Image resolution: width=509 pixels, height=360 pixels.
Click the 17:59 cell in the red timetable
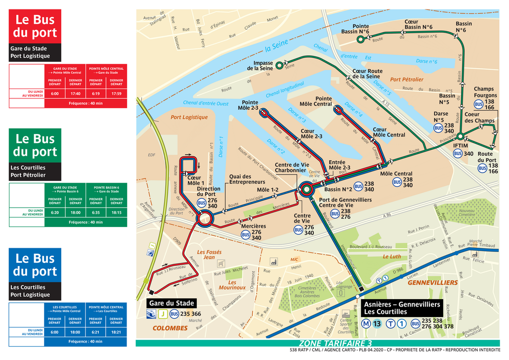click(117, 93)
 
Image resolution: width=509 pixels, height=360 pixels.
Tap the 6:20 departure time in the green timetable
click(55, 213)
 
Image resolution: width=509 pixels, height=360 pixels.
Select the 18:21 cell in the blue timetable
click(117, 332)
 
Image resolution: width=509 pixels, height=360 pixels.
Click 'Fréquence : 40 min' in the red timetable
click(85, 103)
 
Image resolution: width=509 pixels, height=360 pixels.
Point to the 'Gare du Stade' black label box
click(172, 303)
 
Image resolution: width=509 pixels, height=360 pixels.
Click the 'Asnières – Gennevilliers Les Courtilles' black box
click(402, 308)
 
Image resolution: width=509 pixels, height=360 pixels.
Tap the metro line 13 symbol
click(377, 324)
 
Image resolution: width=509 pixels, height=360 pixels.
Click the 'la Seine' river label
click(276, 46)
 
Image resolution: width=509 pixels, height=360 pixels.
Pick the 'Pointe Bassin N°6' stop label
click(355, 29)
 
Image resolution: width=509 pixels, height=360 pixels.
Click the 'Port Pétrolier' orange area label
click(407, 79)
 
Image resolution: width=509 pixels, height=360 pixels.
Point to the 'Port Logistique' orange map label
click(189, 117)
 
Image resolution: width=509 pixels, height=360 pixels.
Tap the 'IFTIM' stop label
click(460, 146)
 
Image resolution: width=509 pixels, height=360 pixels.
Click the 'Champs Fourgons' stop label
click(485, 92)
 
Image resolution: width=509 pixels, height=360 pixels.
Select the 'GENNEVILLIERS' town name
click(432, 282)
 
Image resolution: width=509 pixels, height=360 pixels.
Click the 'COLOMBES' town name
click(170, 328)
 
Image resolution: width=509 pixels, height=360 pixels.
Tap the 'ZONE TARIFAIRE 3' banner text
click(335, 343)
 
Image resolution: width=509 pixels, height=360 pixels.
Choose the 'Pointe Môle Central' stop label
click(316, 101)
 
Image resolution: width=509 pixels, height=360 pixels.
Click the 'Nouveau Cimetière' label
click(467, 212)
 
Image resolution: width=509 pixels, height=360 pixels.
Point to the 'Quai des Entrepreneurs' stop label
click(240, 180)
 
